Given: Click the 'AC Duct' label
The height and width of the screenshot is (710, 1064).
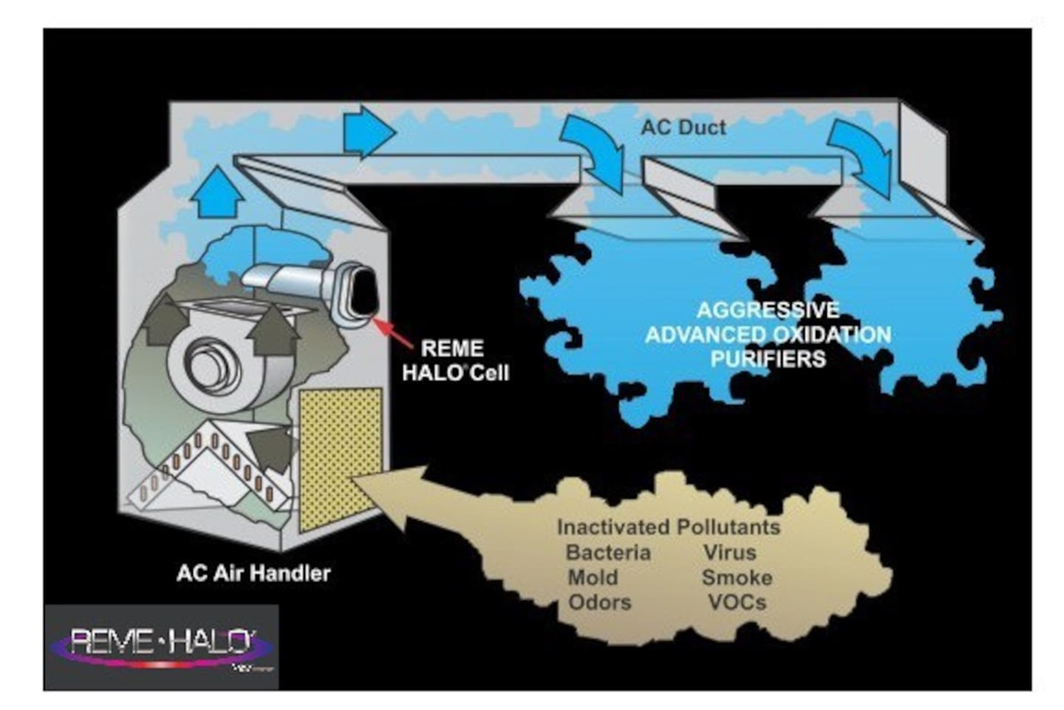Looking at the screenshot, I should tap(684, 127).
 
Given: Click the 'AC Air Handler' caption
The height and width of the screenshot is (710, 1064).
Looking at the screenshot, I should tap(253, 573).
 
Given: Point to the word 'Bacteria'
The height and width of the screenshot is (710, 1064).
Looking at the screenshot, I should tap(608, 553).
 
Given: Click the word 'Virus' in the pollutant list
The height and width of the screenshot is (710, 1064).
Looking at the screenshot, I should tap(729, 553).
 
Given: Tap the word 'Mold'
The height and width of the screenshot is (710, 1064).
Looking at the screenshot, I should tap(592, 578).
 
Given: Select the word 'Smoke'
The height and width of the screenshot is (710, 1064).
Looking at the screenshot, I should tap(737, 578).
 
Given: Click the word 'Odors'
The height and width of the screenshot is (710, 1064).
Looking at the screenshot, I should tap(600, 603).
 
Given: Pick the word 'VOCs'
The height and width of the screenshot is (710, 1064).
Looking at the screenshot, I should tap(737, 603).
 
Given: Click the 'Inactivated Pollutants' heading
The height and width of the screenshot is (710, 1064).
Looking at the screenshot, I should tap(669, 527).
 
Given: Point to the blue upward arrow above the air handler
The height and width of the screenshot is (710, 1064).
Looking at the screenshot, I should tap(219, 194).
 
